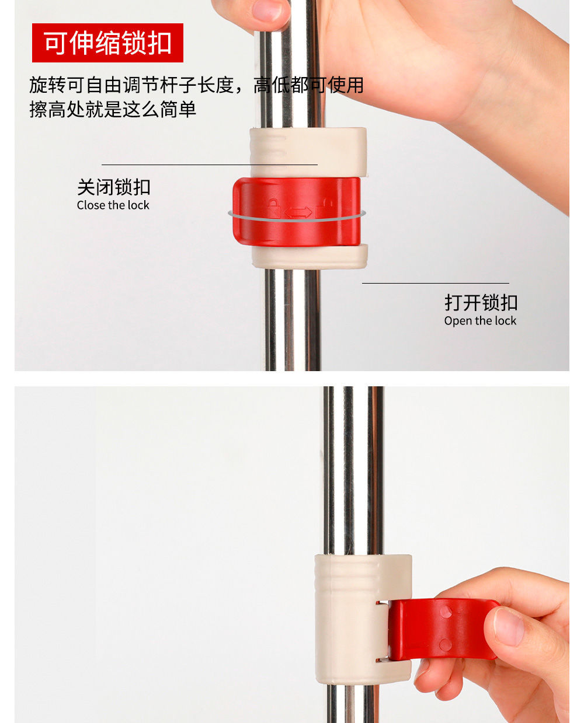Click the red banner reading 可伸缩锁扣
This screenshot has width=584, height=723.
click(x=107, y=43)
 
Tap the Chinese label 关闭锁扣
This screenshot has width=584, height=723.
click(x=114, y=187)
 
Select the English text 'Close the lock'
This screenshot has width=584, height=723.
click(x=113, y=205)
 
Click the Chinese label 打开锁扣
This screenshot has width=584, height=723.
click(x=481, y=303)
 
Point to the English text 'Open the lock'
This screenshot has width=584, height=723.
click(x=480, y=321)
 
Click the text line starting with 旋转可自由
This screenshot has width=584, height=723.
click(x=196, y=85)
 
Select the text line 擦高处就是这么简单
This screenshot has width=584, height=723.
click(x=113, y=109)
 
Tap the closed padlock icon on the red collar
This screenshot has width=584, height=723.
click(x=273, y=208)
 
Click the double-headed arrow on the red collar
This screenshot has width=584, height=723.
click(x=298, y=212)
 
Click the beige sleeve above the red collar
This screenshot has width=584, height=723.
click(x=308, y=151)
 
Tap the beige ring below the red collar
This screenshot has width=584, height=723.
click(x=310, y=256)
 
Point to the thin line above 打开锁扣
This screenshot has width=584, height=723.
click(x=435, y=284)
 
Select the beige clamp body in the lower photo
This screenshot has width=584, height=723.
click(x=347, y=619)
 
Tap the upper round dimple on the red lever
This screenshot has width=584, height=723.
click(x=446, y=612)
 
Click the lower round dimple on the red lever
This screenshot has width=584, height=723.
click(x=445, y=645)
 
